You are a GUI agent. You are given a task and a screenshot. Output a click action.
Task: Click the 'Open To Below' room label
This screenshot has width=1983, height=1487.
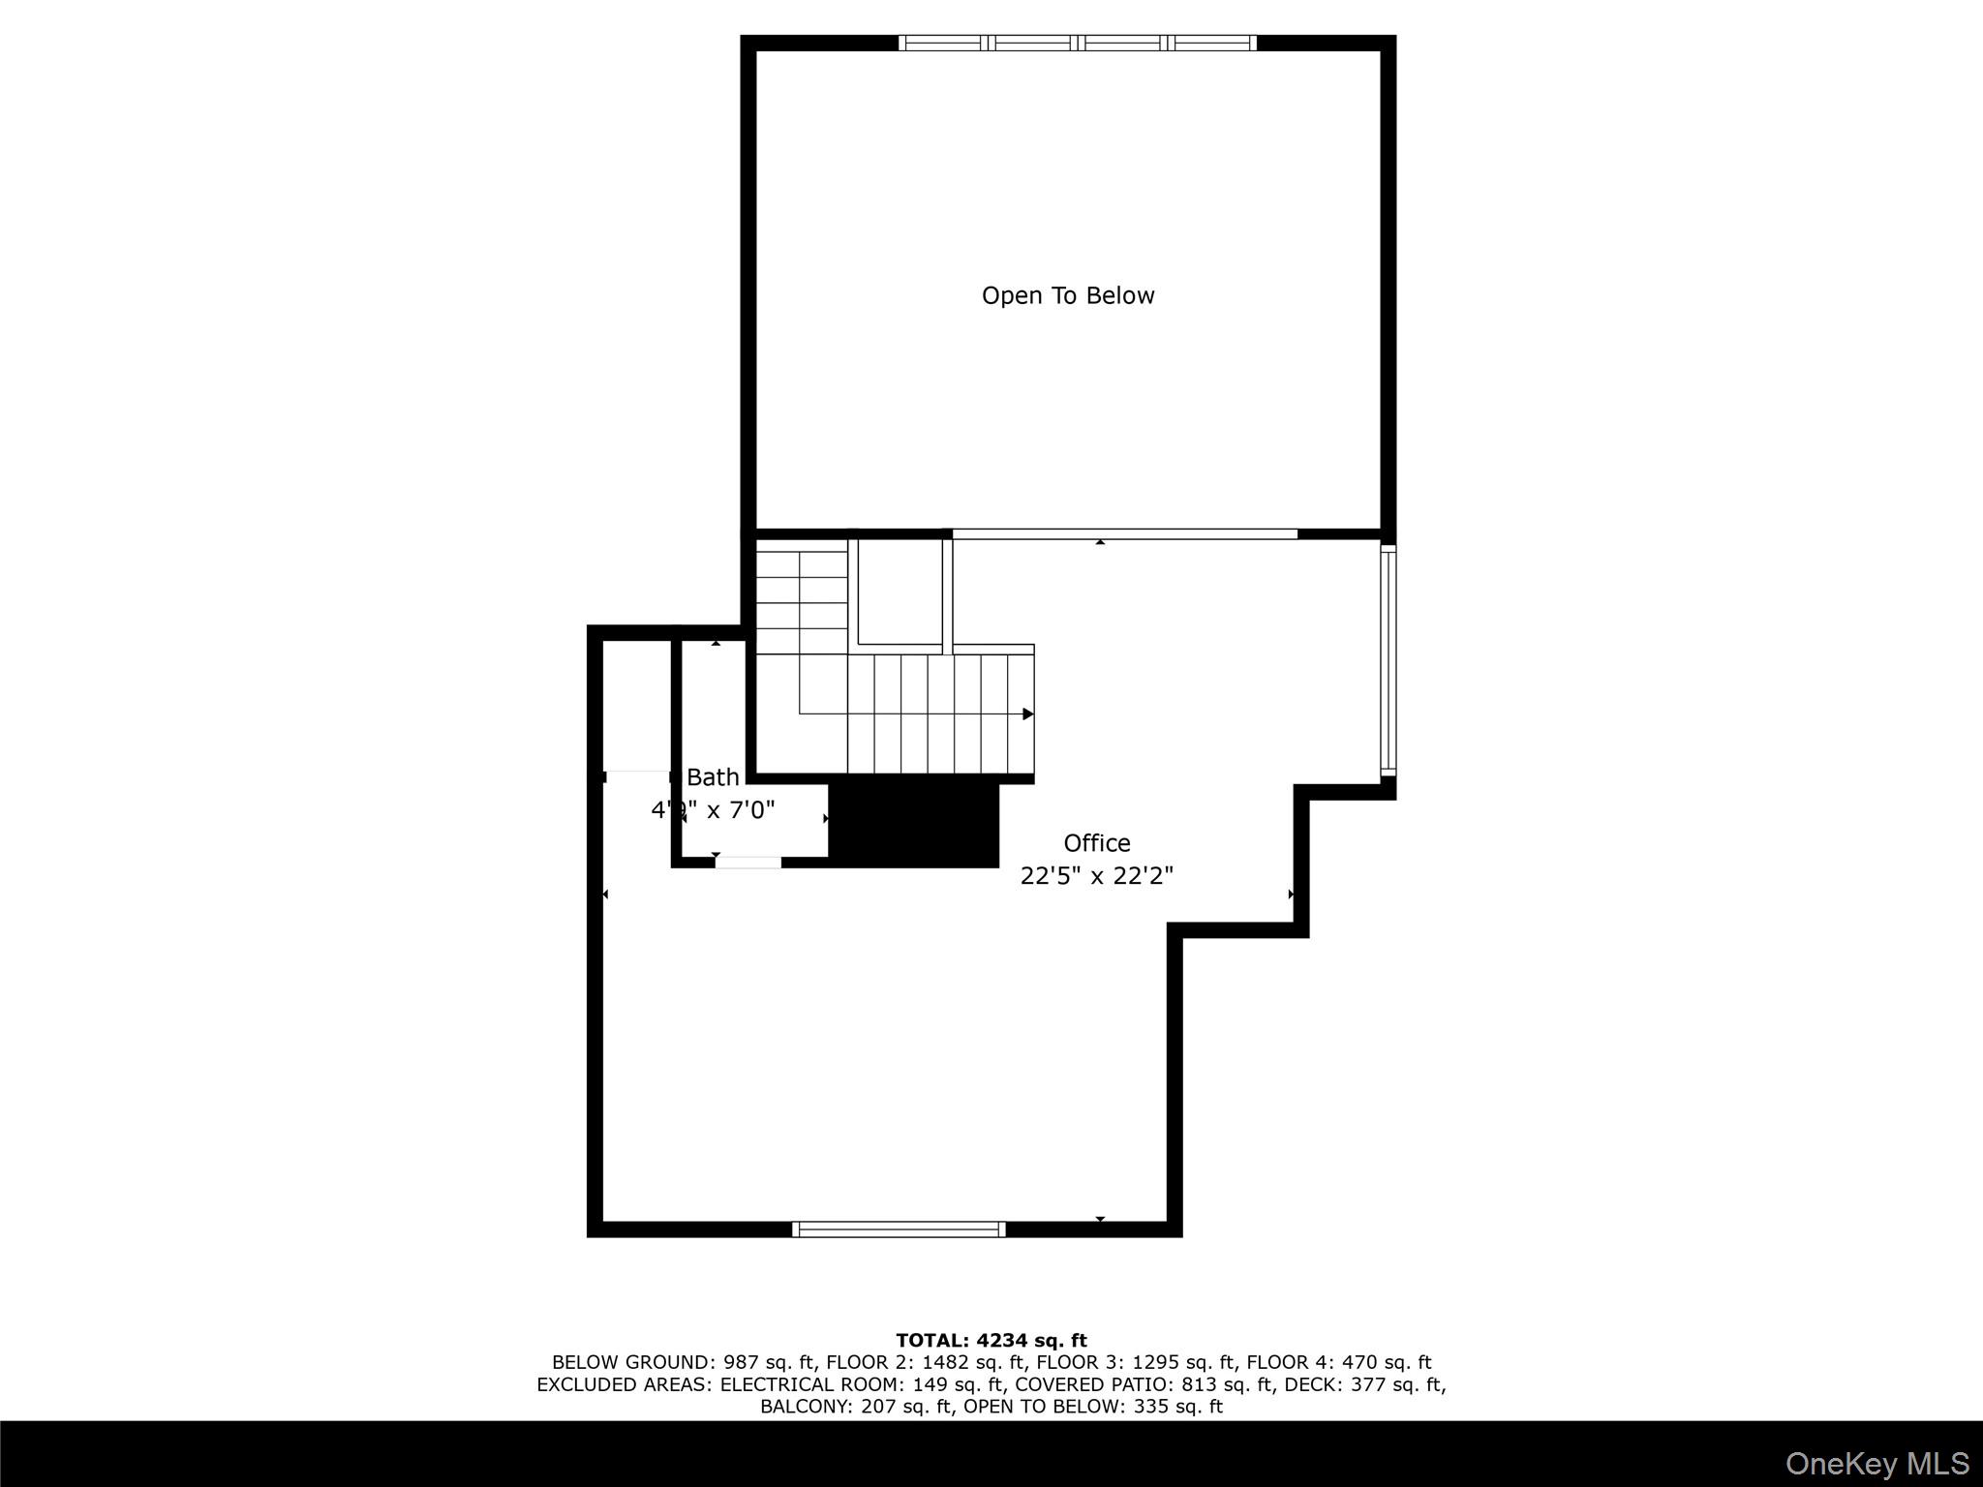point(1068,295)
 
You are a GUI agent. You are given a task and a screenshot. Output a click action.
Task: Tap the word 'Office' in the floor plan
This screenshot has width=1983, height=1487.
point(1096,843)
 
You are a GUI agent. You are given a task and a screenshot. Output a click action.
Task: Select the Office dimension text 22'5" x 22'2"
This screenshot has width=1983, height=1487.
point(1096,876)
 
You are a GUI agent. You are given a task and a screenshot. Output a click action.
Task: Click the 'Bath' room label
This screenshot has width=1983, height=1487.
point(713,777)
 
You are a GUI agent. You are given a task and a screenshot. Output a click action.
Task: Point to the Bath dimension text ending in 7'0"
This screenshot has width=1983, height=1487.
point(714,810)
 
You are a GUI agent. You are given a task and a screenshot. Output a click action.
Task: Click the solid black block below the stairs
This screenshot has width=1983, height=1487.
point(914,824)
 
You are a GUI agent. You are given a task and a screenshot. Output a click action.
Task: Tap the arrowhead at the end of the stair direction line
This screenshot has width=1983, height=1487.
point(1027,714)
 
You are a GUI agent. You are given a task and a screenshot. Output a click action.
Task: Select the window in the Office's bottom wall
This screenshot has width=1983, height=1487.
point(899,1229)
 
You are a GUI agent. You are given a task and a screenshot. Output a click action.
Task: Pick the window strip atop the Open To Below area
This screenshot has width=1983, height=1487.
point(1077,43)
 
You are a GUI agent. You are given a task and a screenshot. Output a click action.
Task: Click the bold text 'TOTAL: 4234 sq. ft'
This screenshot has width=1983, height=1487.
point(991,1341)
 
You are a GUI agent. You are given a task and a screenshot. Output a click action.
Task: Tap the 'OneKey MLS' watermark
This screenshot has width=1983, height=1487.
point(1877,1464)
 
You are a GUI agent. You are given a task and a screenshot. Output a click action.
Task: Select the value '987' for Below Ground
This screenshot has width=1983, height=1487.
point(741,1363)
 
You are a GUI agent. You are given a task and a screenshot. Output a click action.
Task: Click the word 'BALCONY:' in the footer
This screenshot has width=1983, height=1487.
point(808,1407)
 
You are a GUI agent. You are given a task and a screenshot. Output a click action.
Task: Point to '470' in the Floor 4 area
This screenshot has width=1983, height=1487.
point(1359,1363)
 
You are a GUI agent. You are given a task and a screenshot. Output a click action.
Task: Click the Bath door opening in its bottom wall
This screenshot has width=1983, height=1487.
point(747,862)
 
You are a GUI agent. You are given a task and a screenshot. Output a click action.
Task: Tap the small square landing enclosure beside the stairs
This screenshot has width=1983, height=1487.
point(900,592)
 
